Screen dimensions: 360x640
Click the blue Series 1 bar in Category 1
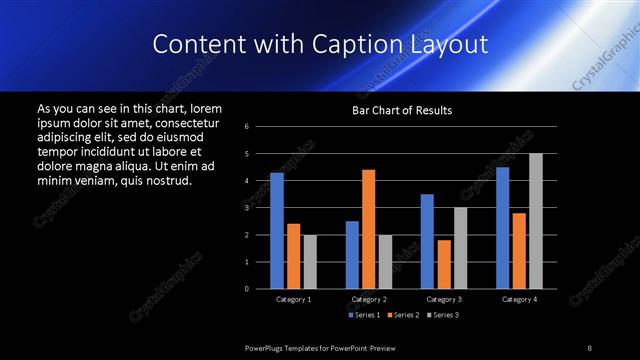(x=277, y=231)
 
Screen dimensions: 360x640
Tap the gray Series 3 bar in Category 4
(x=536, y=221)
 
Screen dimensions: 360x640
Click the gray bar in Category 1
(x=310, y=262)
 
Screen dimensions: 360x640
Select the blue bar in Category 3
(x=427, y=241)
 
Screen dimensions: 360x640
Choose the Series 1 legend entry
(x=362, y=315)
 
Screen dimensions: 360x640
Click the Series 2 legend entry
(x=400, y=315)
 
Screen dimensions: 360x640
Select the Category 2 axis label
(x=368, y=299)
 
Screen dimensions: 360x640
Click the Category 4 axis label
(x=518, y=299)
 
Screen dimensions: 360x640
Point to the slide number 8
(x=589, y=347)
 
